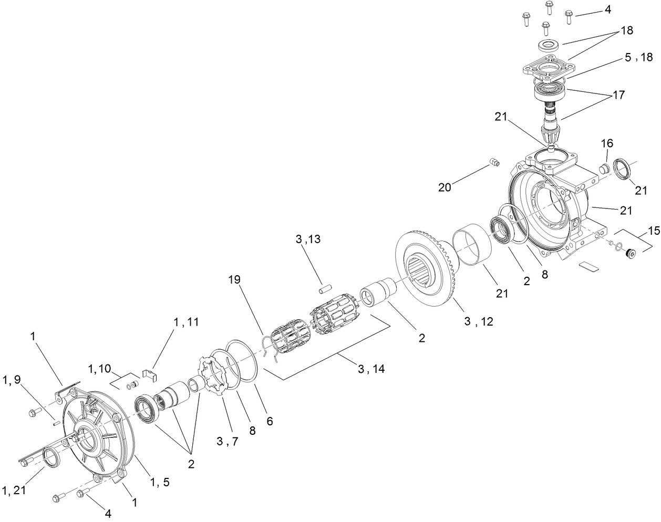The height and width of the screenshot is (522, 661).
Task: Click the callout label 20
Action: pos(445,187)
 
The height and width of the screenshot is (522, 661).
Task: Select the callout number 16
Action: pos(607,143)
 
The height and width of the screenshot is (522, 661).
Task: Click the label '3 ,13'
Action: pos(308,239)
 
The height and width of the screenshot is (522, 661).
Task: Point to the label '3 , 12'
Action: pos(478,321)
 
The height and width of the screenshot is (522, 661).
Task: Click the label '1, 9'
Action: pos(12,380)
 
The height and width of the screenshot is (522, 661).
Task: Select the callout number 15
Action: pos(653,231)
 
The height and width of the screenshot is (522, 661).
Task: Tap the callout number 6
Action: pos(270,421)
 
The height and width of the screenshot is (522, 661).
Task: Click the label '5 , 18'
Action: pos(638,58)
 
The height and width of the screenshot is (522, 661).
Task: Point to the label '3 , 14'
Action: pos(371,369)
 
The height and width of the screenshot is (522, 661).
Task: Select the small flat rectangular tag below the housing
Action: pos(588,267)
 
